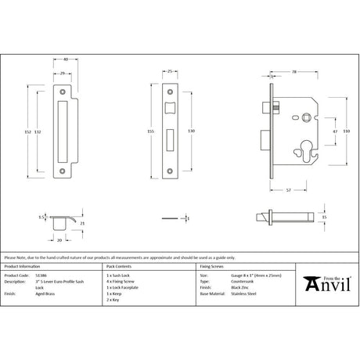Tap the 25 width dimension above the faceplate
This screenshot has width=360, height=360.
click(171, 72)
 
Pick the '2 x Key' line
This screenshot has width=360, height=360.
click(114, 301)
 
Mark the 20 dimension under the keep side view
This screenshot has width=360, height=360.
click(59, 232)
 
